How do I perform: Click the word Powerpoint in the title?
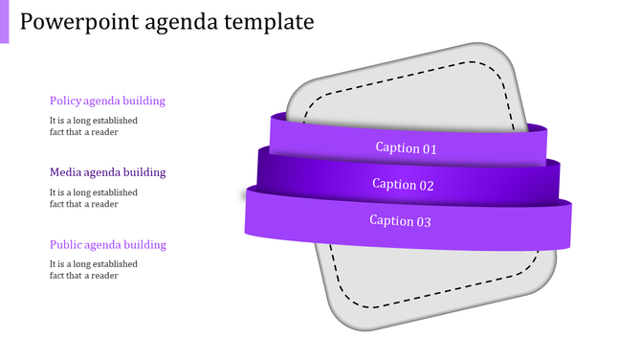tap(75, 22)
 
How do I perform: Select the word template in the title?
tap(272, 22)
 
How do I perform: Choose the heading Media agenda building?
tap(107, 172)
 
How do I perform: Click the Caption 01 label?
tap(406, 148)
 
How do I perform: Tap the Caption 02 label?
tap(403, 185)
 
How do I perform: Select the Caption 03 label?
tap(401, 221)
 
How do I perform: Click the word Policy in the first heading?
tap(65, 101)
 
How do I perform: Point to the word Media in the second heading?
tap(66, 172)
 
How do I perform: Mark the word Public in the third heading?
tap(66, 245)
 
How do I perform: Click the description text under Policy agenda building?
tap(94, 126)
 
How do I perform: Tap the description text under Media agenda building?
tap(94, 198)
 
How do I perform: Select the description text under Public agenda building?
tap(94, 270)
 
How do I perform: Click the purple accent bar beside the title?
tap(4, 21)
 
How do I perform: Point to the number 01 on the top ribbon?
tap(430, 148)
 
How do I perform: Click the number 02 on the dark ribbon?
tap(427, 185)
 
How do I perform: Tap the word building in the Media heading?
tap(144, 172)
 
